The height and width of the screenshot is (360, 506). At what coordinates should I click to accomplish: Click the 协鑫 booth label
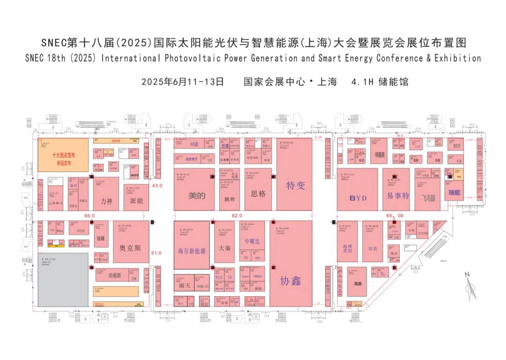291,281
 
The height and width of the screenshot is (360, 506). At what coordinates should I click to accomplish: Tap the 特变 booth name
296,186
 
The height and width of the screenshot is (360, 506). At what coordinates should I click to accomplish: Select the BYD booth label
358,198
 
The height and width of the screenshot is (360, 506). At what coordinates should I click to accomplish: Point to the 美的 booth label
197,196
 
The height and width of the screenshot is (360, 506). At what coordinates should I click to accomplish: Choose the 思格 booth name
258,193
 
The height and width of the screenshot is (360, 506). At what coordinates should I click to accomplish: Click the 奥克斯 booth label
130,248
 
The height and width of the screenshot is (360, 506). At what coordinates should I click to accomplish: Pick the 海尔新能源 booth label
192,251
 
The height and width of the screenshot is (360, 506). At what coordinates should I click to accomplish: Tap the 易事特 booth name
398,195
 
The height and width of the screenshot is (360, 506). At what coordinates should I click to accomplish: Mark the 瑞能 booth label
454,193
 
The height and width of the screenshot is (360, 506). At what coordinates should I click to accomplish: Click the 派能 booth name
136,201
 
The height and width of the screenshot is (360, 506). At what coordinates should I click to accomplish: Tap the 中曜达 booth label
252,241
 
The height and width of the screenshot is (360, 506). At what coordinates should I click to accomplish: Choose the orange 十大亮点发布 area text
64,155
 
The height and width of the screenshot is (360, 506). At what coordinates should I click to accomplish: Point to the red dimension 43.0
157,186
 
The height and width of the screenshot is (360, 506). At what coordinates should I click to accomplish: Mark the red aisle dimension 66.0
89,216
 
